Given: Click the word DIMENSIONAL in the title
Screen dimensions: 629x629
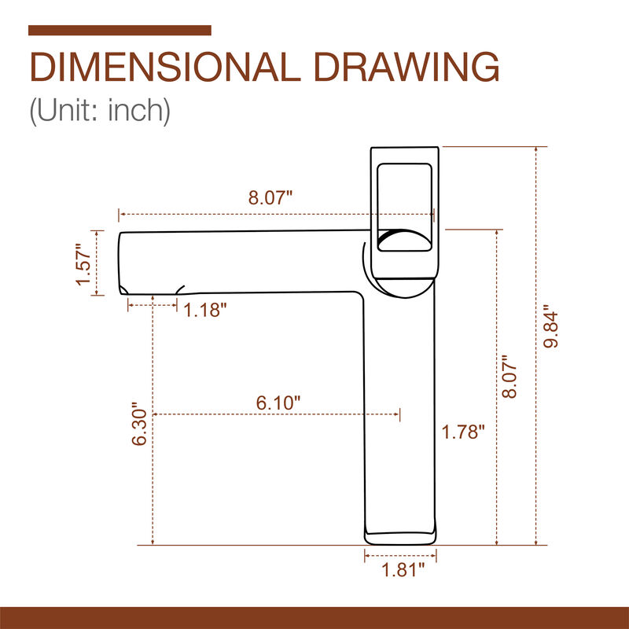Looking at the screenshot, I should [157, 68].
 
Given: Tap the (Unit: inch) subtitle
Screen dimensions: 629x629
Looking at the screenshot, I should [100, 110].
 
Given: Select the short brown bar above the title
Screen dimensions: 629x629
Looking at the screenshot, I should [120, 31].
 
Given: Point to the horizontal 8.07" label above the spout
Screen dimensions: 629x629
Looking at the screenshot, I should [270, 198].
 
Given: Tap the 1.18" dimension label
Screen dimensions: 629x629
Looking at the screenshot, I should [205, 310].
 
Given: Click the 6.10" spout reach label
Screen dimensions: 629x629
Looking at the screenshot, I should [279, 403].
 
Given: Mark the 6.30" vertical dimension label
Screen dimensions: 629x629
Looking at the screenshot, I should [140, 426].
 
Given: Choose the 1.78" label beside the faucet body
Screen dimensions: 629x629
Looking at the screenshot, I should [463, 432].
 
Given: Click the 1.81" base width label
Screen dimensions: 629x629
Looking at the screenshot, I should [403, 570].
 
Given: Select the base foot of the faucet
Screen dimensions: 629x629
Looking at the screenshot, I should [400, 537].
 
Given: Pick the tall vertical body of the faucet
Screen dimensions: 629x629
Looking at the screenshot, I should [400, 409].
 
